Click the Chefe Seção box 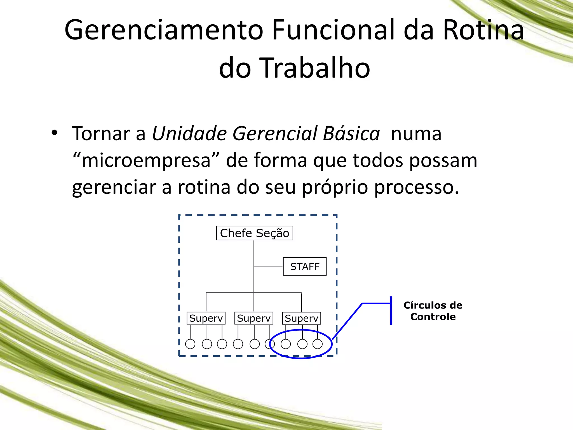pyautogui.click(x=254, y=233)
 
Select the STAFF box pyautogui.click(x=305, y=267)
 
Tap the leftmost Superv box pyautogui.click(x=206, y=318)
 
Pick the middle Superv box pyautogui.click(x=254, y=318)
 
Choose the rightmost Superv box pyautogui.click(x=301, y=318)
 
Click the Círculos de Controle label pyautogui.click(x=433, y=311)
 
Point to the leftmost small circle pyautogui.click(x=190, y=344)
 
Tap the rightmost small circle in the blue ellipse pyautogui.click(x=318, y=344)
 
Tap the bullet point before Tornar pyautogui.click(x=54, y=133)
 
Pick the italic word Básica pyautogui.click(x=351, y=134)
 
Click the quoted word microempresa pyautogui.click(x=146, y=161)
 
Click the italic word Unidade pyautogui.click(x=189, y=134)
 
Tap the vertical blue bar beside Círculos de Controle pyautogui.click(x=391, y=310)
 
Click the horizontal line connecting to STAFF pyautogui.click(x=268, y=266)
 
